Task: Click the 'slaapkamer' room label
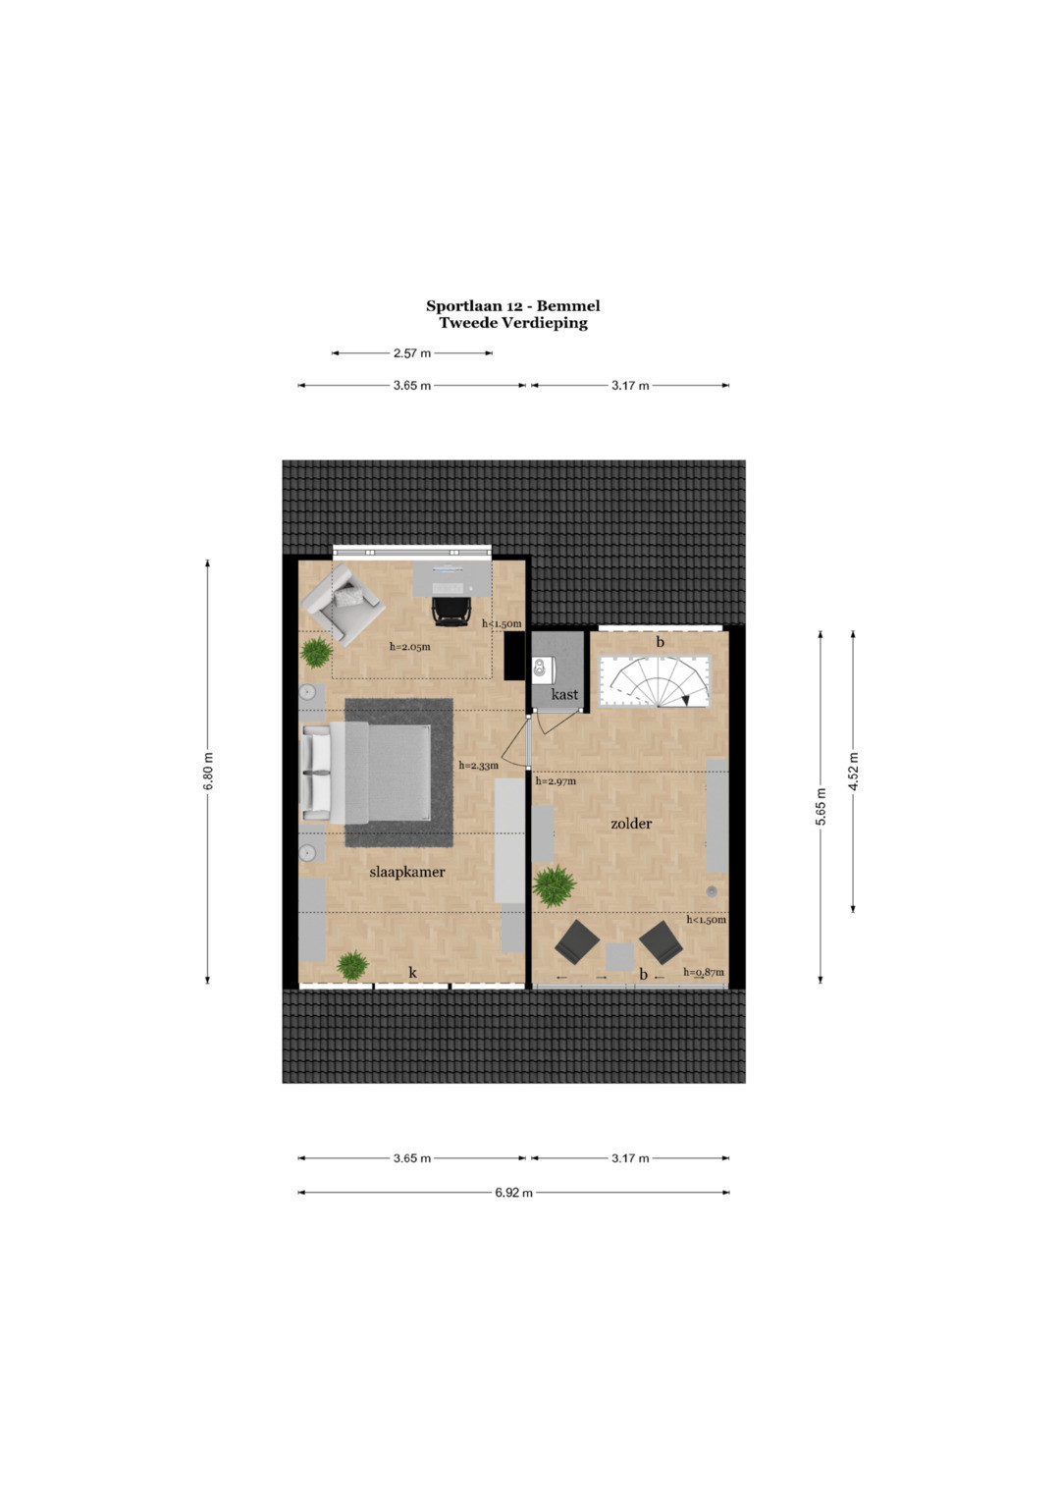407,872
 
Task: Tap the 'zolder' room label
631,823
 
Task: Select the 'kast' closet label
564,695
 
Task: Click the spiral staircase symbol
655,680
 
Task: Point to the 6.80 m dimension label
208,771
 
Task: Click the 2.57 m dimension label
412,353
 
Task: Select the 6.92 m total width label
514,1193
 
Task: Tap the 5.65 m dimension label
821,806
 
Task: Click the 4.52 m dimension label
853,771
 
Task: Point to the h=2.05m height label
409,647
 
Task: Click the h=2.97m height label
556,781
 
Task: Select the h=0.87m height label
704,973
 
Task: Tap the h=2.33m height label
479,765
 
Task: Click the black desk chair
450,611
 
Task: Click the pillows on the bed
316,773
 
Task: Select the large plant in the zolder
555,885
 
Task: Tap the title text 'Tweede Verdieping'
513,323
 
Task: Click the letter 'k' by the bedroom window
413,973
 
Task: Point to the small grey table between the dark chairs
619,957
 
